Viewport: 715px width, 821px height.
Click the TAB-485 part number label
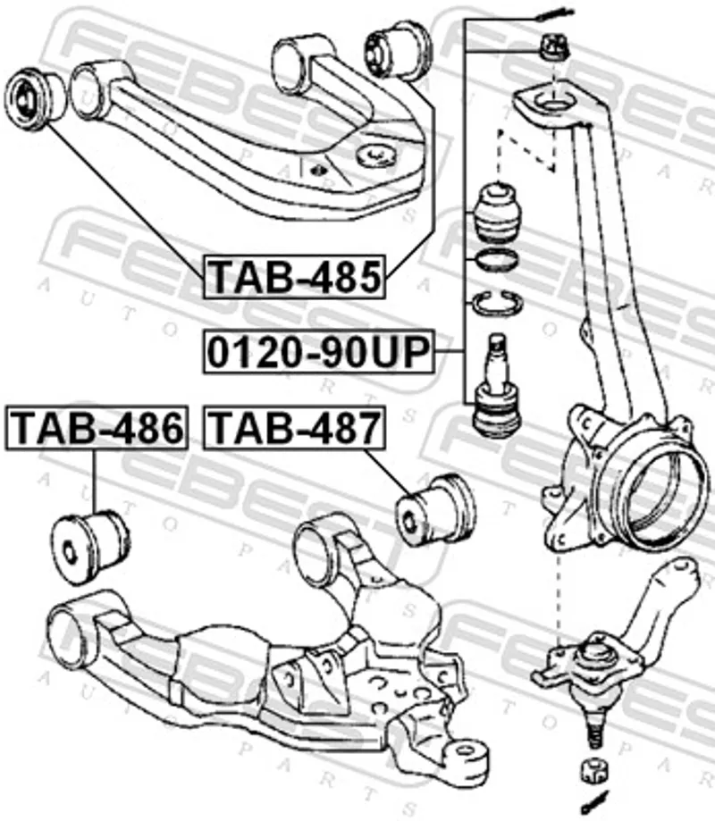coord(294,277)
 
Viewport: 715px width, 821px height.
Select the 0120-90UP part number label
coord(319,351)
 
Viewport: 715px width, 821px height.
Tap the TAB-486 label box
coord(97,427)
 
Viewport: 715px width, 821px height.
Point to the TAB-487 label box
coord(294,427)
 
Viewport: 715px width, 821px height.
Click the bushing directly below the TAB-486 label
coord(91,546)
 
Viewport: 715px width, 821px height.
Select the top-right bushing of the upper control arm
coord(398,51)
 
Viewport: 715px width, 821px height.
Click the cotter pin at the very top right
coord(555,16)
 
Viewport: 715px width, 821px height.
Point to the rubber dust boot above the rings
coord(498,213)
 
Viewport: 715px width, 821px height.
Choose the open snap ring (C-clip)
coord(496,303)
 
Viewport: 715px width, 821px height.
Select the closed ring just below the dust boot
coord(495,259)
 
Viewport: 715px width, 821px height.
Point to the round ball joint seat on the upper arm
coord(375,154)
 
